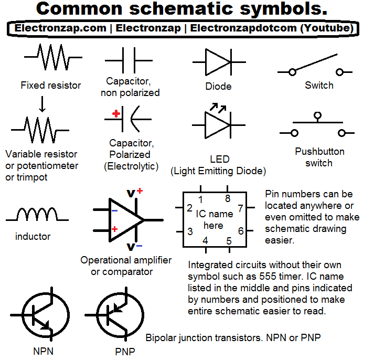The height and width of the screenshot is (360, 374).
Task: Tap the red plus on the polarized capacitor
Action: point(116,113)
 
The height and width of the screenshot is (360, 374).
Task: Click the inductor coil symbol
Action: point(37,214)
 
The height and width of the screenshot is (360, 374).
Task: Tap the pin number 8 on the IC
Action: point(227,199)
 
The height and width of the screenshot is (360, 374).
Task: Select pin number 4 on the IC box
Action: point(205,241)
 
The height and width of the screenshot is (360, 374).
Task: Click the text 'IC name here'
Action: point(213,220)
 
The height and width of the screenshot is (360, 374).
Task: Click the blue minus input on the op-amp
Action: point(114,210)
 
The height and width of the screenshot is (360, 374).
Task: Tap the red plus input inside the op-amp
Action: point(114,229)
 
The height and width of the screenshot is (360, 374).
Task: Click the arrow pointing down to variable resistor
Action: point(42,104)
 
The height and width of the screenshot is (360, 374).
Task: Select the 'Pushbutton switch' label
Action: point(319,157)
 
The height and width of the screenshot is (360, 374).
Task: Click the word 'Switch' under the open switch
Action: point(319,85)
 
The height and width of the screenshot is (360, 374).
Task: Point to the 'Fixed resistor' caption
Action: point(51,85)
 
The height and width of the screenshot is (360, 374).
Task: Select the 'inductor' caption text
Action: point(33,237)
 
